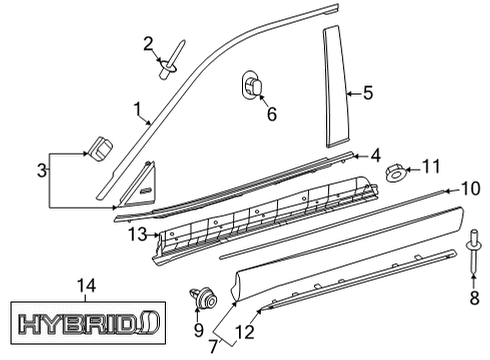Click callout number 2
(148, 42)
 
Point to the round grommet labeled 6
(253, 87)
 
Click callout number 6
(270, 114)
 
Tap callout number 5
(367, 94)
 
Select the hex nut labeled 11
(394, 174)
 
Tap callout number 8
(474, 297)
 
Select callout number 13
(137, 234)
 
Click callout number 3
(42, 172)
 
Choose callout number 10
(469, 187)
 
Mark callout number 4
(374, 155)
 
